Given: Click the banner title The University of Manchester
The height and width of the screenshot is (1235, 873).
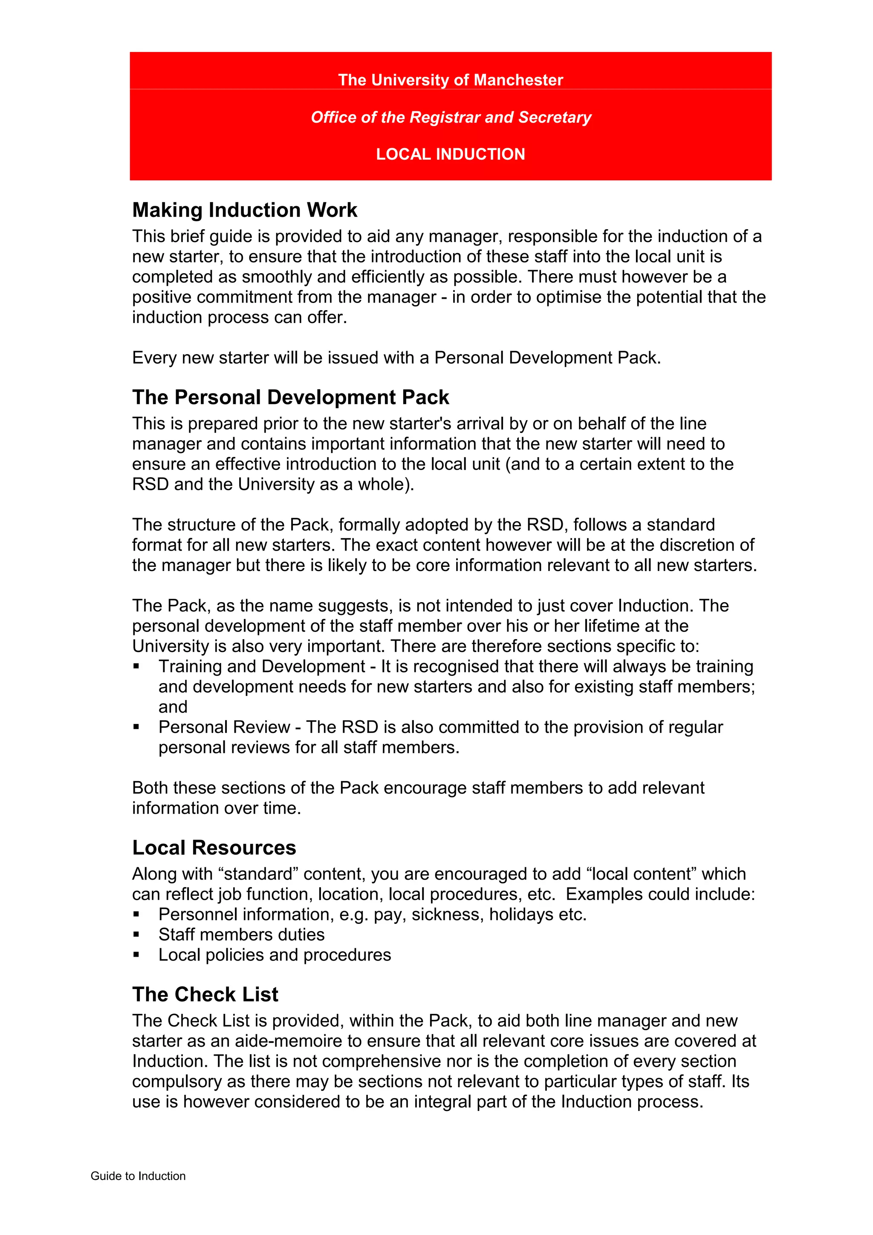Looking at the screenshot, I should tap(450, 80).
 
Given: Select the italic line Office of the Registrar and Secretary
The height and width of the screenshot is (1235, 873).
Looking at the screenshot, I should tap(451, 117).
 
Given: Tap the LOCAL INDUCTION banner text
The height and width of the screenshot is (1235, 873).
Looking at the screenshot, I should tap(450, 154).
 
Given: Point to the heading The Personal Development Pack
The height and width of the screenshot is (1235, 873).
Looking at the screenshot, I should tap(290, 398).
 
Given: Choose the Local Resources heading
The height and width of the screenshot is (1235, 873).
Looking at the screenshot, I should tap(214, 848).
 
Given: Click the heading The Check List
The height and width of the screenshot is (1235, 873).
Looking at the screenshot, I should tap(205, 995).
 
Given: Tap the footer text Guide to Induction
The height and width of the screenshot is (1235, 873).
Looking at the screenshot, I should tap(138, 1176).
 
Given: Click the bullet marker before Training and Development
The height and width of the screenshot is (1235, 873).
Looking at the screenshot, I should tap(137, 667).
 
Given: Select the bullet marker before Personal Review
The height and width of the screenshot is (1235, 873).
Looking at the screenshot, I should tap(137, 727).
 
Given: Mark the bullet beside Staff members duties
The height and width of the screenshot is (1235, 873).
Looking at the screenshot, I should tap(137, 935).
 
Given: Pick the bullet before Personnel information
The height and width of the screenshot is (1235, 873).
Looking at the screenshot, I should tap(137, 915).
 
